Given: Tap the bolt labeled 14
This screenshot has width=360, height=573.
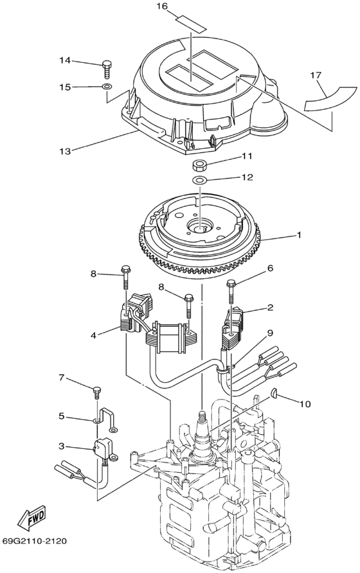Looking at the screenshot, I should point(107,66).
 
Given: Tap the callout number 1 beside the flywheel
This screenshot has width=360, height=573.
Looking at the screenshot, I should point(299,236).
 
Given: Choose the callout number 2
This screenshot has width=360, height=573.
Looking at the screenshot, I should point(271,308).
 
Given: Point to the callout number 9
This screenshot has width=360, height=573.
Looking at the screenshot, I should point(271,333).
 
